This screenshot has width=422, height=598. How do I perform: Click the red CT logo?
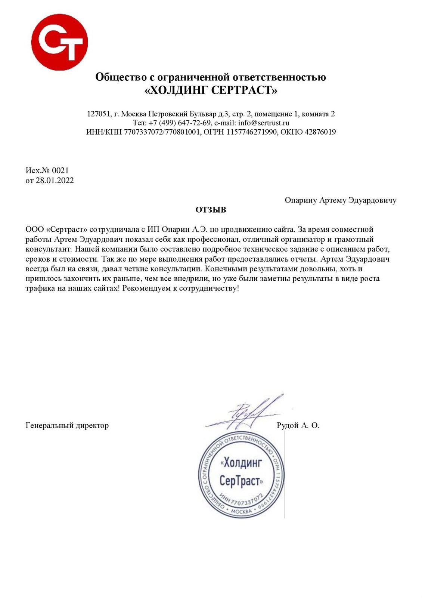59,41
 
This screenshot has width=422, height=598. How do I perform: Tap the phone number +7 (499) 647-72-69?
180,123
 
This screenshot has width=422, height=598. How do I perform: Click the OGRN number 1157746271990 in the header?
251,132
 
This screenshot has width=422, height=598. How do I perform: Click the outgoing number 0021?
60,170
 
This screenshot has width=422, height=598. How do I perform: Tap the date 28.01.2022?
55,181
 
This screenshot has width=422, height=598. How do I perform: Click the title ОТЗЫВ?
211,210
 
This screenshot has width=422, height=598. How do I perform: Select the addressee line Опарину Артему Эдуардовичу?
340,200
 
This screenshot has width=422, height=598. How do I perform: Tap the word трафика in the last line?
40,289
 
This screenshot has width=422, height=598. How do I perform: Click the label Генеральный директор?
67,425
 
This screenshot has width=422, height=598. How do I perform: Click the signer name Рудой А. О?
298,425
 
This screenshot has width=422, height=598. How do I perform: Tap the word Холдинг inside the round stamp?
242,463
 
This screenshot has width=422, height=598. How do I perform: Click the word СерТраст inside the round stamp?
241,480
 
